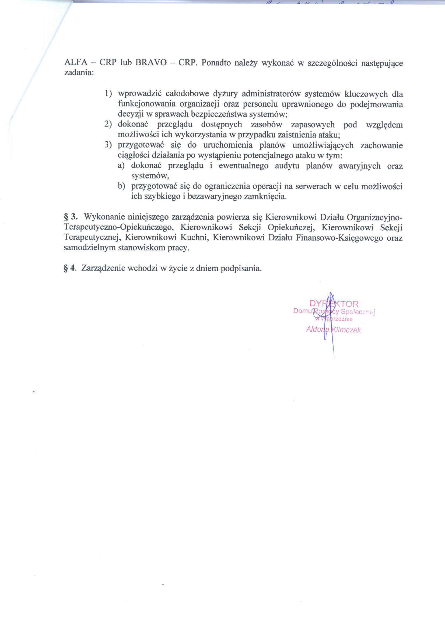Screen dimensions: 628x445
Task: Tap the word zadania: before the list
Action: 79,73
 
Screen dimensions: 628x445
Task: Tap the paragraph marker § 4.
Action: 69,268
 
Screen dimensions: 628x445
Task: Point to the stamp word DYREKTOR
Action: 334,304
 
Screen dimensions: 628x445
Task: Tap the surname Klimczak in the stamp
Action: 346,330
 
